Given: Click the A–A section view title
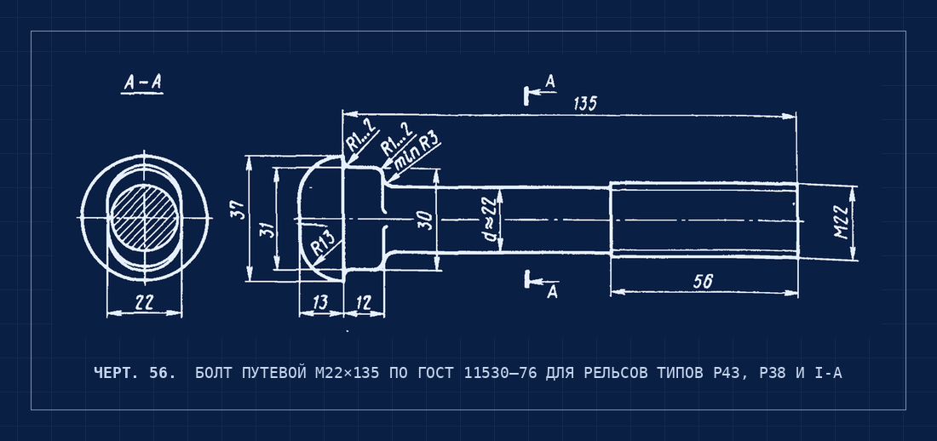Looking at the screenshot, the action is tap(142, 83).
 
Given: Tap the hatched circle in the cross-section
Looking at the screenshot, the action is tap(145, 217).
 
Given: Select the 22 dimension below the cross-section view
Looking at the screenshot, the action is tap(143, 303).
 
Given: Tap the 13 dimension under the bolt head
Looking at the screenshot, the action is tap(320, 301).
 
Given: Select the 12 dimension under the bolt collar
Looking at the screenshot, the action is tap(364, 302).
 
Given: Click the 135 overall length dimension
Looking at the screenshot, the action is tap(585, 103).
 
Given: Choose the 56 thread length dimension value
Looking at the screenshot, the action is tap(703, 281).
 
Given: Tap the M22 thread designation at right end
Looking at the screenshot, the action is tap(842, 221).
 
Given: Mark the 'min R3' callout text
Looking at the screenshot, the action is tap(413, 151).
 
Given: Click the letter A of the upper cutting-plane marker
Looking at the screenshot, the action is tap(550, 81).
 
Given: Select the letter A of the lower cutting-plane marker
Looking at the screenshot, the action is tap(553, 292).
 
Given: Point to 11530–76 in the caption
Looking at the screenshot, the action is tap(500, 374).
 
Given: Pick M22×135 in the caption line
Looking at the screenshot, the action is tap(347, 374).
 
